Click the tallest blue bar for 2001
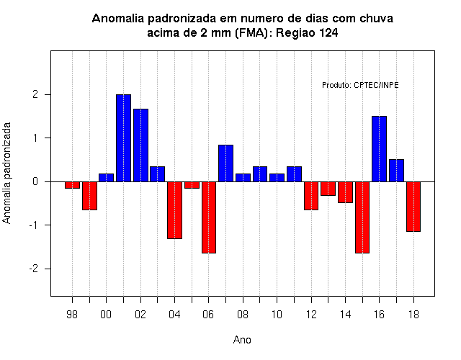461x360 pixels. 123,138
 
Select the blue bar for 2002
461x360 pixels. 141,145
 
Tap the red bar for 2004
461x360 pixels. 174,210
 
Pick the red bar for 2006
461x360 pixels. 209,217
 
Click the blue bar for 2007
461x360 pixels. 225,163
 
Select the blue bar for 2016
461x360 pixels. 380,149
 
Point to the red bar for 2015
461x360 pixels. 362,217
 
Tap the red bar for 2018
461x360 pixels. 413,207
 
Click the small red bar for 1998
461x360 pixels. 72,185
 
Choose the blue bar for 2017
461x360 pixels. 396,171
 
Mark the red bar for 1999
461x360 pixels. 89,196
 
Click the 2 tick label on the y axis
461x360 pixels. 35,94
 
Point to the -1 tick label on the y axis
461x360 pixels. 34,225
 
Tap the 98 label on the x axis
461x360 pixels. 72,315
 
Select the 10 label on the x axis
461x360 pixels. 277,315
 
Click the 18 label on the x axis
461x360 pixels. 413,315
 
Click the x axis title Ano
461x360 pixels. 242,340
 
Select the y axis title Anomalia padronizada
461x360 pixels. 6,173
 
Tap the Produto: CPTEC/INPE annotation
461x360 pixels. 360,85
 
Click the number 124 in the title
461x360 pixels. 328,32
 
